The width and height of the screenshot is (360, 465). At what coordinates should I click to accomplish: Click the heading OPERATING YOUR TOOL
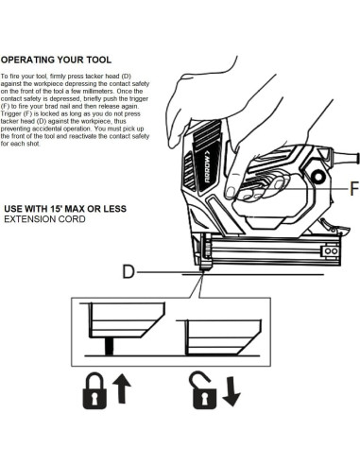[x=56, y=60]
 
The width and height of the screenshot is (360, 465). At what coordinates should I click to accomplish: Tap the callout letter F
[x=354, y=189]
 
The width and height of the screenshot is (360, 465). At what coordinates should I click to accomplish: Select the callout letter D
[x=129, y=271]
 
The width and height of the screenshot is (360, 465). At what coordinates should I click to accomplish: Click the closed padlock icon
[x=94, y=390]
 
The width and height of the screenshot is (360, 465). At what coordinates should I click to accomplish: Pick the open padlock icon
[x=203, y=390]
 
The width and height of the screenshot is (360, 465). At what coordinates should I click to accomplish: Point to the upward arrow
[x=122, y=388]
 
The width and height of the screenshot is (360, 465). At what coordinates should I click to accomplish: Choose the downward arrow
[x=231, y=391]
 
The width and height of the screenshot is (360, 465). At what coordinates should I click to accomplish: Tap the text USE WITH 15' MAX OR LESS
[x=65, y=209]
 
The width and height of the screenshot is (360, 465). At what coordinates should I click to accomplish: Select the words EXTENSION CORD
[x=44, y=219]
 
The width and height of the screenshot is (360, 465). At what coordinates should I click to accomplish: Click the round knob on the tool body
[x=317, y=177]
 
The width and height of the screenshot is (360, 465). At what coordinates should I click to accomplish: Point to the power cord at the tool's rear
[x=344, y=157]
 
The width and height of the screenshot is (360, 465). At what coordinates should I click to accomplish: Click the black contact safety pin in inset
[x=109, y=346]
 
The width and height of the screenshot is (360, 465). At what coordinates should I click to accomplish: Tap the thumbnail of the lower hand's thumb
[x=231, y=192]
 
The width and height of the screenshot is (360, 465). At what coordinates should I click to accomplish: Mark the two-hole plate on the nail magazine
[x=331, y=251]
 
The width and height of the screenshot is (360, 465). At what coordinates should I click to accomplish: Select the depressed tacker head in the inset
[x=223, y=337]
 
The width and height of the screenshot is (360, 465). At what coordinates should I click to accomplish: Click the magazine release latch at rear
[x=334, y=229]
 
